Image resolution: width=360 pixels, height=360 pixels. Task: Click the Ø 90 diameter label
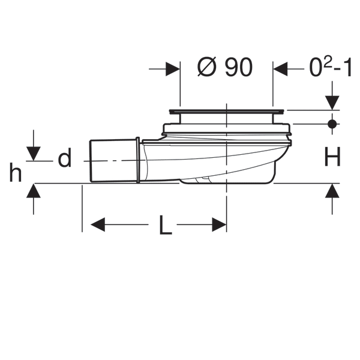click(225, 67)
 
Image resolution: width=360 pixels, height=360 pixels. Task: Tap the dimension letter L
click(166, 225)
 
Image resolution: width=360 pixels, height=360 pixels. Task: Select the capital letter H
click(332, 157)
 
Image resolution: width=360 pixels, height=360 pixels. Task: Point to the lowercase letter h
click(16, 172)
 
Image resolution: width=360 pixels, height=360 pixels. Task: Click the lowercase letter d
click(65, 157)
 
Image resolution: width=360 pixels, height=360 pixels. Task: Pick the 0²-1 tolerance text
click(331, 67)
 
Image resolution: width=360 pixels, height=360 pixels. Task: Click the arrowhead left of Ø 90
click(172, 68)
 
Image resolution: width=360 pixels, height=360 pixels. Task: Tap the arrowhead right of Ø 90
click(280, 68)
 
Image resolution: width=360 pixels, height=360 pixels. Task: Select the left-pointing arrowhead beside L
click(98, 224)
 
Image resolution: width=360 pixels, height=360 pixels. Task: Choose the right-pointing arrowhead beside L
click(219, 224)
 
